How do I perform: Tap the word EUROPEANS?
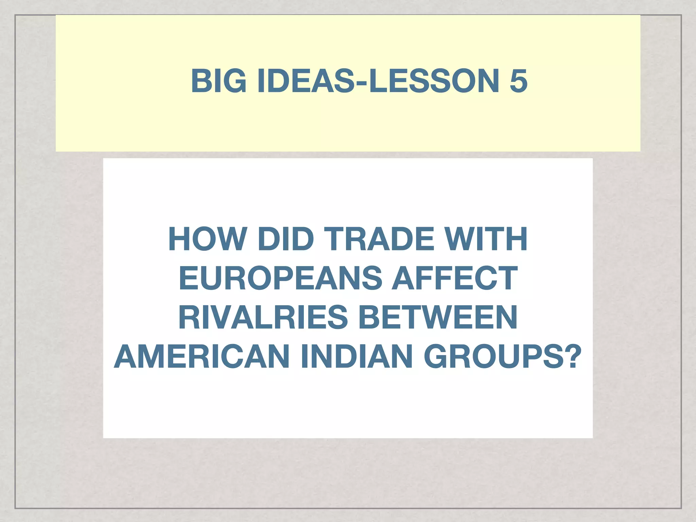pos(280,278)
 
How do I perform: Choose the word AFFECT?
pos(455,278)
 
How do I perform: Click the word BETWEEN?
pos(438,317)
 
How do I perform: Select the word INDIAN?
pos(356,356)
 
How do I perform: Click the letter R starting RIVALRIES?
pos(191,317)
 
